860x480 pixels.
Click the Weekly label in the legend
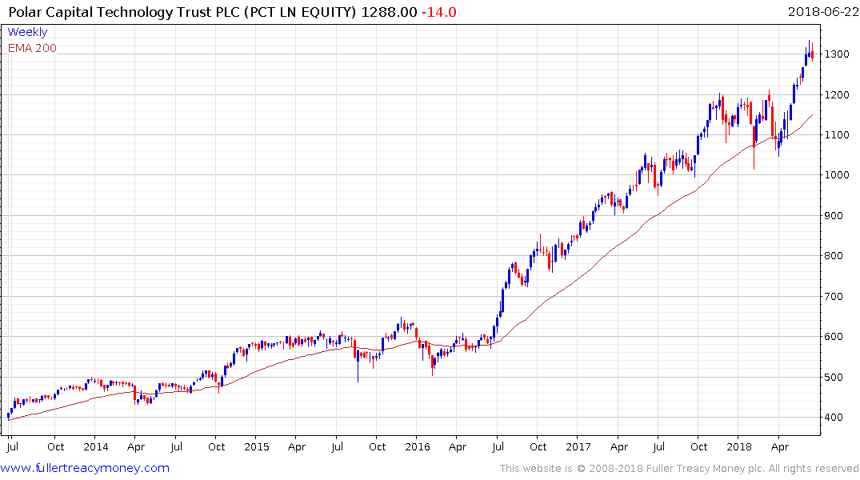click(27, 32)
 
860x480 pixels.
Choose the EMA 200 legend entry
click(32, 48)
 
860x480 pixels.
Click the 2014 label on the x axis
click(95, 447)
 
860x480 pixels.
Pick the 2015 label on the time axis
click(256, 447)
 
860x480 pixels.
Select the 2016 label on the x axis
click(417, 447)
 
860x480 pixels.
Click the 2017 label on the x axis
click(578, 447)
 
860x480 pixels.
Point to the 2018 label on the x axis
click(739, 447)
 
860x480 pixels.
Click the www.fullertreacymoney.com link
click(86, 468)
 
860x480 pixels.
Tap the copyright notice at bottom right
click(679, 468)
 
